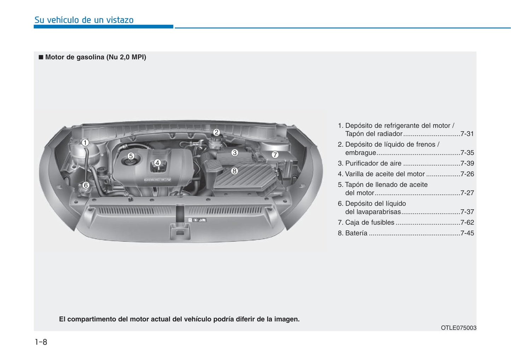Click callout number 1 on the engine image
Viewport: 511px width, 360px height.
pyautogui.click(x=85, y=143)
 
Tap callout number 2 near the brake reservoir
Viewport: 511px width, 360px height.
pyautogui.click(x=216, y=132)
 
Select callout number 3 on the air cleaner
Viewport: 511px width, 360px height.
pyautogui.click(x=234, y=153)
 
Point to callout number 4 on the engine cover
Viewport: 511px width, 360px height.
pyautogui.click(x=157, y=163)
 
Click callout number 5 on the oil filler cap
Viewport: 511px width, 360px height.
pyautogui.click(x=130, y=156)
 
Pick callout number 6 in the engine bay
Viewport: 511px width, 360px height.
pyautogui.click(x=85, y=185)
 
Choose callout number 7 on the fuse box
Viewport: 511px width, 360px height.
pyautogui.click(x=275, y=155)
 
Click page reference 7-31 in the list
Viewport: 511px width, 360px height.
pyautogui.click(x=467, y=134)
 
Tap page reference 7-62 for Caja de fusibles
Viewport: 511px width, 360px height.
pyautogui.click(x=467, y=223)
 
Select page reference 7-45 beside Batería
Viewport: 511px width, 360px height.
pyautogui.click(x=467, y=233)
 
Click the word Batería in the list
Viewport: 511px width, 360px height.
pyautogui.click(x=356, y=233)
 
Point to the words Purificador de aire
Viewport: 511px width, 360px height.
pyautogui.click(x=373, y=164)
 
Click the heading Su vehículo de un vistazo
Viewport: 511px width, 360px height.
pyautogui.click(x=84, y=20)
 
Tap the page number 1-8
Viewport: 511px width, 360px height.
pyautogui.click(x=41, y=342)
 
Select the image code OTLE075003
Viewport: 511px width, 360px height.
pyautogui.click(x=458, y=328)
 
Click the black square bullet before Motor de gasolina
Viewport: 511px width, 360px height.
pyautogui.click(x=41, y=57)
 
